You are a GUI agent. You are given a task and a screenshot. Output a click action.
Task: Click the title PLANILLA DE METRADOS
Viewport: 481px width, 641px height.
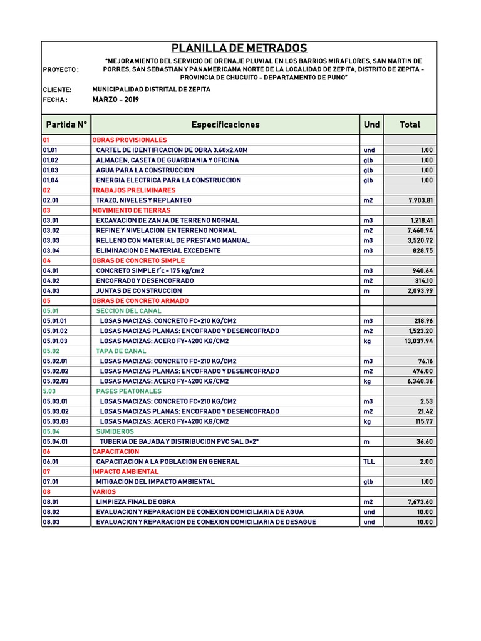(239, 48)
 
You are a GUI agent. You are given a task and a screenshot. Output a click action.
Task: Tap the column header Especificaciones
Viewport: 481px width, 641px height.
(225, 125)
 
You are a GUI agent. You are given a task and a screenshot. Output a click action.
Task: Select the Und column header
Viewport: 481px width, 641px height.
(371, 125)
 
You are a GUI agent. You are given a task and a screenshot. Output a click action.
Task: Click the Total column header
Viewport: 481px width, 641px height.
(410, 125)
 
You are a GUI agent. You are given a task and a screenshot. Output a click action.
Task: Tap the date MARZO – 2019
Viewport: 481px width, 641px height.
(116, 100)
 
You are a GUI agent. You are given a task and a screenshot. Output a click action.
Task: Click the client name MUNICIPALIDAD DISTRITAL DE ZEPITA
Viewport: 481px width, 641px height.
(151, 90)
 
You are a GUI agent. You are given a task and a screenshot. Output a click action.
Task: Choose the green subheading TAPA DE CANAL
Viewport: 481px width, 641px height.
(121, 351)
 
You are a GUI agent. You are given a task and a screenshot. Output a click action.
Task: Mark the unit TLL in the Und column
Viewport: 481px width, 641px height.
(369, 462)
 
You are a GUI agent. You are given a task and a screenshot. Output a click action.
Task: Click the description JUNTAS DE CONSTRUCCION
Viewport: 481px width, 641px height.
(139, 291)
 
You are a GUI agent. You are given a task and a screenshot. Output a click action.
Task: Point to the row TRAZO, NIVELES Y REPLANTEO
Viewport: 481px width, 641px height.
(143, 200)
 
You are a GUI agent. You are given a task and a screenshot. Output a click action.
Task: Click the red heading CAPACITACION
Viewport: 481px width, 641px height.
(116, 452)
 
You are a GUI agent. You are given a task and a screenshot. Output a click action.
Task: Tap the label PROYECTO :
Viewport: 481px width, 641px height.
(61, 70)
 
